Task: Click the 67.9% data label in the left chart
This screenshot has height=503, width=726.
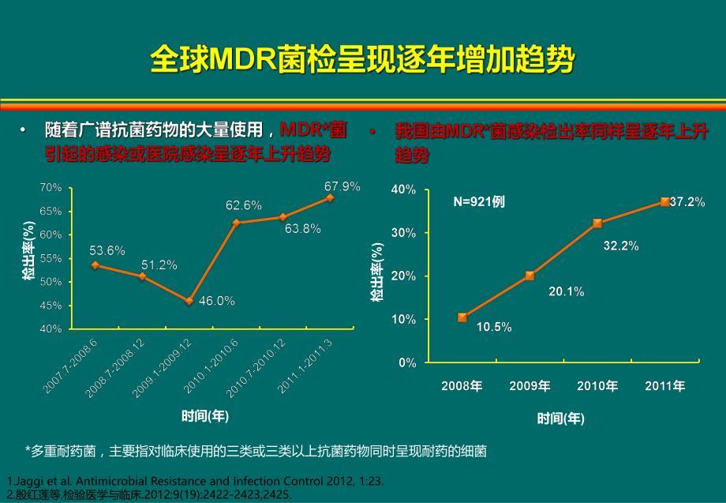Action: pyautogui.click(x=342, y=186)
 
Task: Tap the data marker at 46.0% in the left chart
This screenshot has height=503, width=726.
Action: pyautogui.click(x=189, y=301)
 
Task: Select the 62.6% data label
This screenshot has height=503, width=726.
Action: pyautogui.click(x=244, y=205)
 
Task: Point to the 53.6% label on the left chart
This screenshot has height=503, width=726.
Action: pyautogui.click(x=107, y=251)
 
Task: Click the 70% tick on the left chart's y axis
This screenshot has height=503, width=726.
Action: pyautogui.click(x=51, y=187)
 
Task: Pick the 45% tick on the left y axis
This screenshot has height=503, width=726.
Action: pyautogui.click(x=51, y=306)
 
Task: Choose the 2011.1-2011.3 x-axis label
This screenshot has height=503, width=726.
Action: pyautogui.click(x=305, y=364)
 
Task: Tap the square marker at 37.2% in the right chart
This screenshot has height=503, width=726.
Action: pyautogui.click(x=664, y=202)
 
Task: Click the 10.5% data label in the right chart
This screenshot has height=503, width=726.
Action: pyautogui.click(x=494, y=327)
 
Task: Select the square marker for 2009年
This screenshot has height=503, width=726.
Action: pyautogui.click(x=530, y=276)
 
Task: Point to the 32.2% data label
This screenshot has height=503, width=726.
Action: pyautogui.click(x=620, y=246)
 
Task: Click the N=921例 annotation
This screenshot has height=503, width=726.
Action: pyautogui.click(x=478, y=201)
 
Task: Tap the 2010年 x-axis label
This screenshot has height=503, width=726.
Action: pyautogui.click(x=597, y=386)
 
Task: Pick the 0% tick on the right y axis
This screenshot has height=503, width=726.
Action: pyautogui.click(x=407, y=363)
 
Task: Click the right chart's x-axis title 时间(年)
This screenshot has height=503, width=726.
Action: pyautogui.click(x=561, y=419)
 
